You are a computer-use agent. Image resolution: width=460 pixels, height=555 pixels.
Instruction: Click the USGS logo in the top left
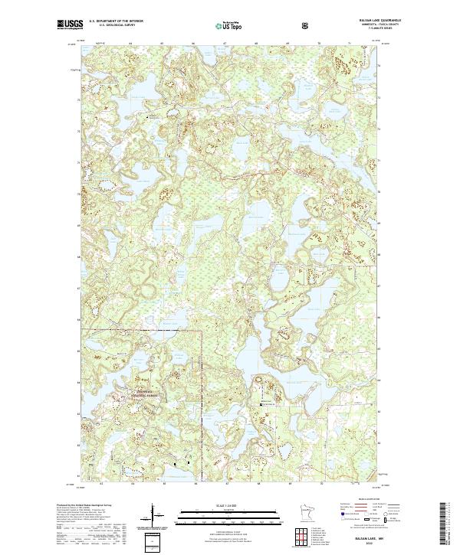pos(68,25)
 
